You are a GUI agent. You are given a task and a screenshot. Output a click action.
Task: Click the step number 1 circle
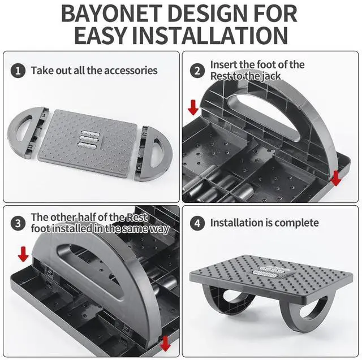[19, 71]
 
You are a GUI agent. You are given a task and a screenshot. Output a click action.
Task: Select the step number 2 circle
[197, 71]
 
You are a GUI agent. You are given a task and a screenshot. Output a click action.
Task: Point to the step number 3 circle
[19, 223]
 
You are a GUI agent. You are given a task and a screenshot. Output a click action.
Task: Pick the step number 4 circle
[197, 223]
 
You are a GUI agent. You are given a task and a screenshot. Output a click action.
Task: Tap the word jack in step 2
[271, 76]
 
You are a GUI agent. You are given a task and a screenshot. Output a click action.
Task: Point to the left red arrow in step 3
[23, 254]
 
